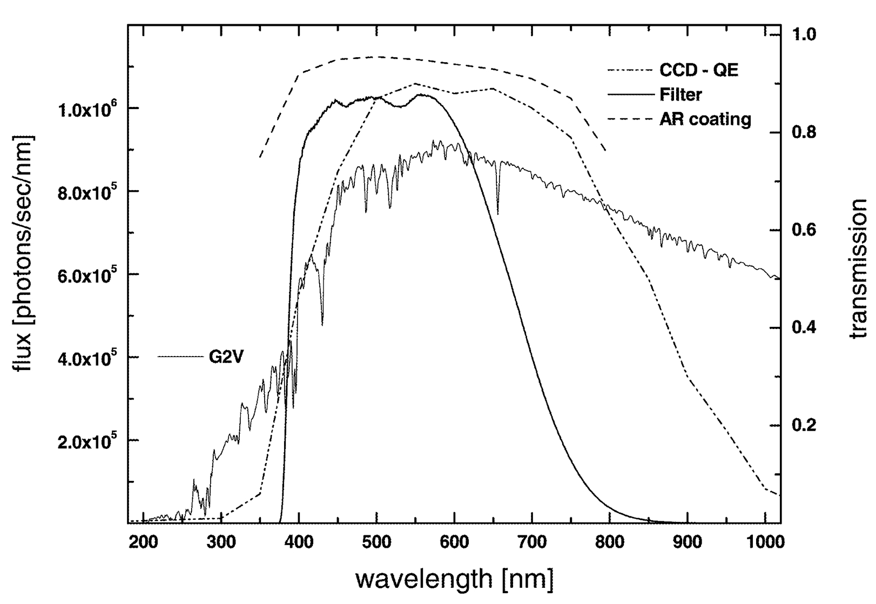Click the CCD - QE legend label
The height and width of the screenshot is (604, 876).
point(698,70)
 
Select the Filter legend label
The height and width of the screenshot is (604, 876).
point(680,95)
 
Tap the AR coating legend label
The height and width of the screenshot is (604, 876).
point(705,119)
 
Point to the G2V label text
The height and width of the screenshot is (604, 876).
point(226,357)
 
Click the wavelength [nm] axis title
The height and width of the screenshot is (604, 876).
point(454,580)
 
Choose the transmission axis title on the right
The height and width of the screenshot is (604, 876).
point(857,269)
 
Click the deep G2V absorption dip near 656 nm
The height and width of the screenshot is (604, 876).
point(497,212)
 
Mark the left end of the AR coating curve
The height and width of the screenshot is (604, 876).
point(260,157)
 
